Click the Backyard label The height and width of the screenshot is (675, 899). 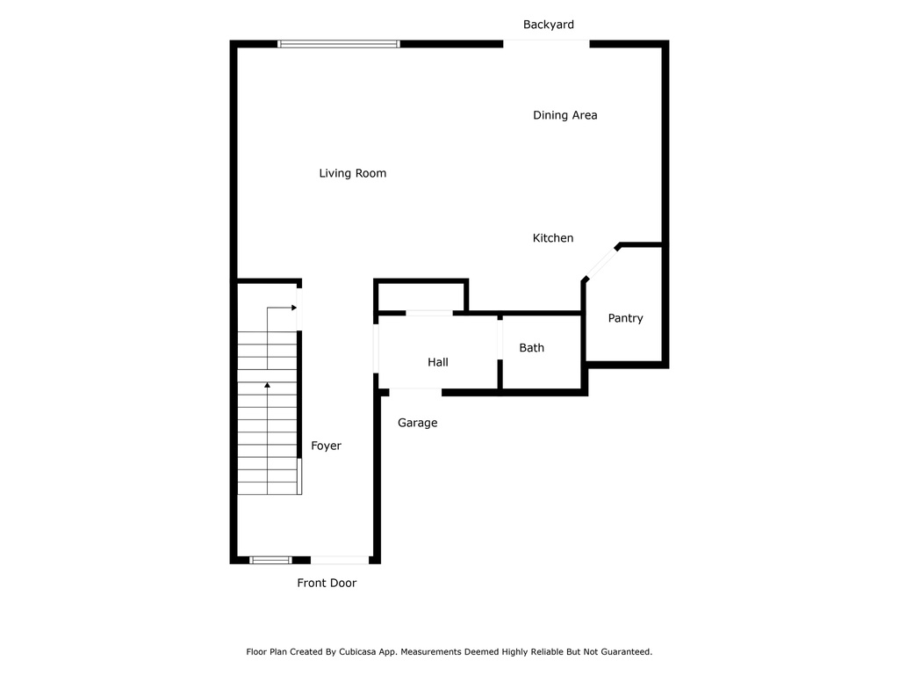click(x=548, y=25)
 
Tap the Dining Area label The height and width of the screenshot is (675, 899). click(x=565, y=115)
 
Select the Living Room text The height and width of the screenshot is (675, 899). click(x=353, y=173)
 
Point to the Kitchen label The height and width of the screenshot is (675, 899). click(x=553, y=238)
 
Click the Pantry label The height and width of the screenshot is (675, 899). click(x=625, y=318)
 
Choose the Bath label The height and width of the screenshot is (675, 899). click(x=531, y=348)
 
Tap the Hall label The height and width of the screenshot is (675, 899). click(x=438, y=362)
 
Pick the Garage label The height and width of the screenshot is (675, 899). click(x=417, y=423)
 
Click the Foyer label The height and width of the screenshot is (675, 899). click(x=326, y=446)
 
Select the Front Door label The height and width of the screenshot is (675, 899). click(x=327, y=584)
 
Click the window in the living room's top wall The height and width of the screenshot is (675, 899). click(x=339, y=44)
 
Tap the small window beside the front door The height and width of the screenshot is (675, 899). click(x=270, y=560)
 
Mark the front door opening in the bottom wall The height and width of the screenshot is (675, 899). click(x=340, y=560)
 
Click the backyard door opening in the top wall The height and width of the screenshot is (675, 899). click(x=546, y=44)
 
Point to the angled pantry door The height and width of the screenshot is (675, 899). click(x=601, y=263)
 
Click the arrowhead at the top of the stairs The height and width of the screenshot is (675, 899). click(x=294, y=308)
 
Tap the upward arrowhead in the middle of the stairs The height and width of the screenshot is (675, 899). click(x=267, y=385)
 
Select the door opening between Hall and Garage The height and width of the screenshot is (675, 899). click(x=415, y=393)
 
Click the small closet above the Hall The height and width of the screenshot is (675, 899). click(x=421, y=297)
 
